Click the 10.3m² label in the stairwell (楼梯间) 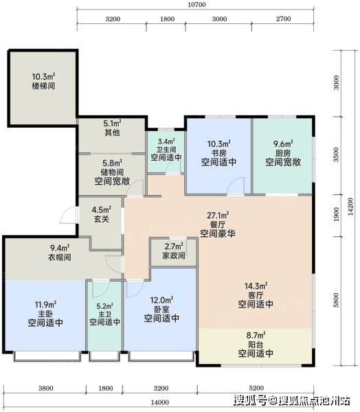(44, 81)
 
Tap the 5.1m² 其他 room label (112, 128)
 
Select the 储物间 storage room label (112, 172)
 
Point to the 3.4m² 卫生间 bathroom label (166, 150)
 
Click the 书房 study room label (218, 153)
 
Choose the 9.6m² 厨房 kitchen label (283, 153)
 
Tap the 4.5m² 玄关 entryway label (102, 214)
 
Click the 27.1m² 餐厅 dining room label (218, 225)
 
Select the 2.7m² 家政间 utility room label (174, 251)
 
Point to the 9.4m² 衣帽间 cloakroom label (60, 253)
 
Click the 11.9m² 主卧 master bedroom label (45, 314)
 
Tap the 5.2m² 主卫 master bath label (105, 314)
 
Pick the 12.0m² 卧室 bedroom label (161, 310)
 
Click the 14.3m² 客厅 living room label (256, 295)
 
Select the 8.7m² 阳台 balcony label (256, 345)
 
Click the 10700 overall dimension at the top (196, 5)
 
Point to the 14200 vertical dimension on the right (350, 207)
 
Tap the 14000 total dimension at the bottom (160, 402)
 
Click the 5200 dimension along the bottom (256, 388)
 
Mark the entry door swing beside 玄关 (69, 215)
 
